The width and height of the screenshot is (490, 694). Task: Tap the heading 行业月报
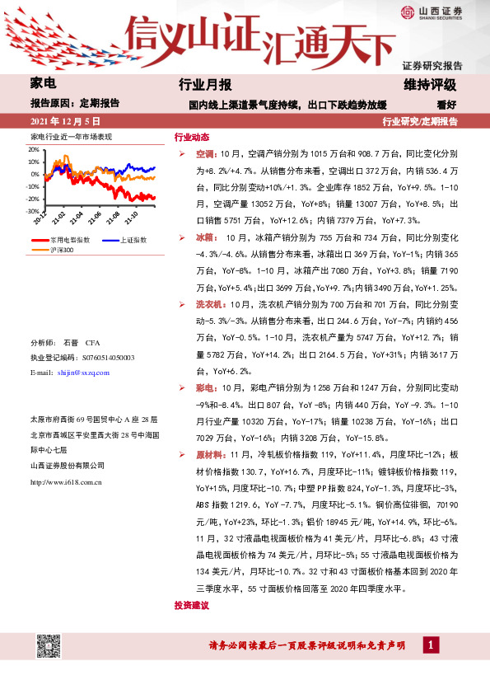point(205,85)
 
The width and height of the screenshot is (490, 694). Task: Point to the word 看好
point(446,104)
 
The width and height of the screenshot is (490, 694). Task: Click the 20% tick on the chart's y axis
point(34,150)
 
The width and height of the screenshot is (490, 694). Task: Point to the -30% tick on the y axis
point(33,211)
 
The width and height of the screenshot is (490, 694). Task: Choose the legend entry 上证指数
point(132,239)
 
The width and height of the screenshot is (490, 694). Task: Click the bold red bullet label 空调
point(206,153)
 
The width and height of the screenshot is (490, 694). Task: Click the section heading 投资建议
point(192,605)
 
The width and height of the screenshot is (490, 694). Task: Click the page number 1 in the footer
point(430,645)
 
